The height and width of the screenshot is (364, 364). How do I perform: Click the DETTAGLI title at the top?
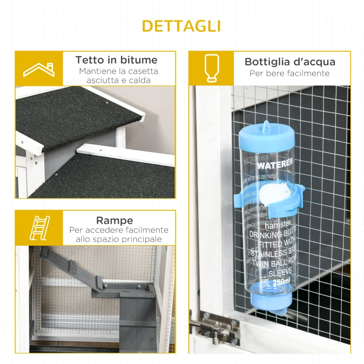[x=181, y=25]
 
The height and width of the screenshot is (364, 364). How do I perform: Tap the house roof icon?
[x=39, y=69]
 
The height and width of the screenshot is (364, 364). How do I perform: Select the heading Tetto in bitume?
[x=116, y=60]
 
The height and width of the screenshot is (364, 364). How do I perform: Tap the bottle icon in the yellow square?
[x=212, y=68]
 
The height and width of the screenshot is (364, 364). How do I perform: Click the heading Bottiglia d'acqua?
[x=289, y=62]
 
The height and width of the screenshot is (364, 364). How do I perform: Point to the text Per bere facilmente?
[x=289, y=73]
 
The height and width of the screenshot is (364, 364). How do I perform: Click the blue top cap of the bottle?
[x=267, y=136]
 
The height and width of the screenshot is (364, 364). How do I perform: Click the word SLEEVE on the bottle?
[x=278, y=273]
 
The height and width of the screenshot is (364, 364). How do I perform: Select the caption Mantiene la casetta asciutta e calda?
[x=118, y=76]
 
